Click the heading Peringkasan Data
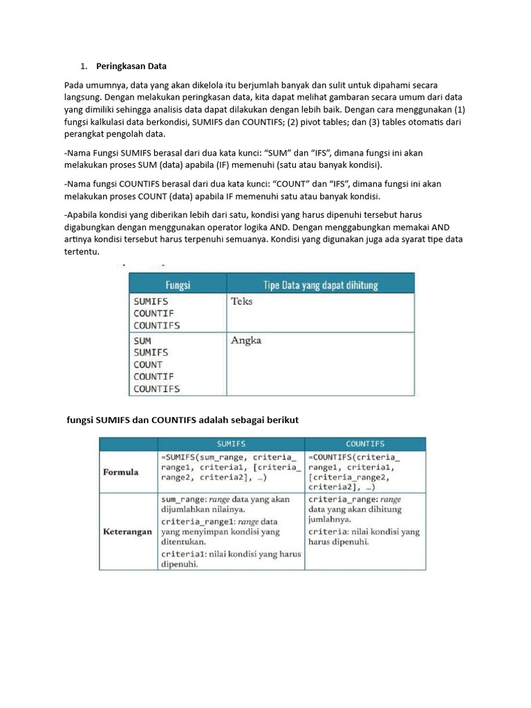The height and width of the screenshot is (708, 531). [x=131, y=66]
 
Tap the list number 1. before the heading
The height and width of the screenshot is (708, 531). [x=84, y=66]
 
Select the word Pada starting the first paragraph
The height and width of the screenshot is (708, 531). [x=75, y=85]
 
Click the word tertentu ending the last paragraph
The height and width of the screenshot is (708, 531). [x=82, y=252]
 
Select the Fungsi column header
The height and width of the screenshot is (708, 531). [x=178, y=284]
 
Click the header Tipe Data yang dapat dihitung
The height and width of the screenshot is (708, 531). [x=321, y=284]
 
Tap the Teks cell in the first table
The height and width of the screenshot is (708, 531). [x=241, y=301]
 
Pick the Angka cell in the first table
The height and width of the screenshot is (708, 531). [x=246, y=341]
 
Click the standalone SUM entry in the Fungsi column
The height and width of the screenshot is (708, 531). [x=142, y=341]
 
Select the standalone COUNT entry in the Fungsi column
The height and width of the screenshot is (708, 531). [x=148, y=364]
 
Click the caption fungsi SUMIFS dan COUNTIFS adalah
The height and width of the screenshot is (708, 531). [x=182, y=420]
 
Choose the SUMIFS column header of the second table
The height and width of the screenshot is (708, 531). [x=231, y=444]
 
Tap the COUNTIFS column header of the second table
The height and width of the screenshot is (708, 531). [x=364, y=444]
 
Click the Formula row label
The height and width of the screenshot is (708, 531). [x=121, y=472]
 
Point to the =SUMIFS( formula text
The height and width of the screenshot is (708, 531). [x=181, y=457]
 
